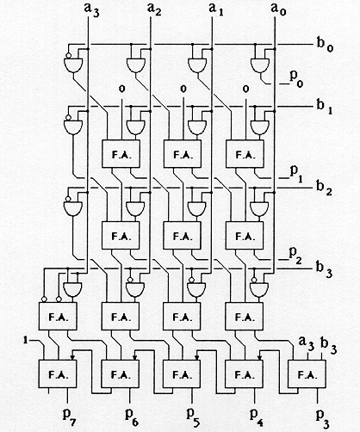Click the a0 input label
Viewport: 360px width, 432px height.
(278, 10)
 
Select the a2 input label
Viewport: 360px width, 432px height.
(154, 9)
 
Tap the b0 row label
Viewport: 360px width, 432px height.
(325, 45)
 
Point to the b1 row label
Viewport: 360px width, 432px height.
(325, 107)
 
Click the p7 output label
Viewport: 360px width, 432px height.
(69, 416)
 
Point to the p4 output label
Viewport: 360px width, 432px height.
(257, 416)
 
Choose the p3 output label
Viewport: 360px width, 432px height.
(322, 417)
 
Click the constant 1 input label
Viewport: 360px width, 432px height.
(26, 341)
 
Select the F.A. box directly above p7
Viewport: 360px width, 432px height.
(58, 374)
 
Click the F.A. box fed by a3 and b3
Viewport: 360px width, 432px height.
(307, 374)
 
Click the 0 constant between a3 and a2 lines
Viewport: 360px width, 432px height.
(122, 89)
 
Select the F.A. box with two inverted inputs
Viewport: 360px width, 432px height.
(58, 316)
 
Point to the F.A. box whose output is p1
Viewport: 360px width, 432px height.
(245, 154)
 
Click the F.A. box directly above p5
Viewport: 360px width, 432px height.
(182, 374)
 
